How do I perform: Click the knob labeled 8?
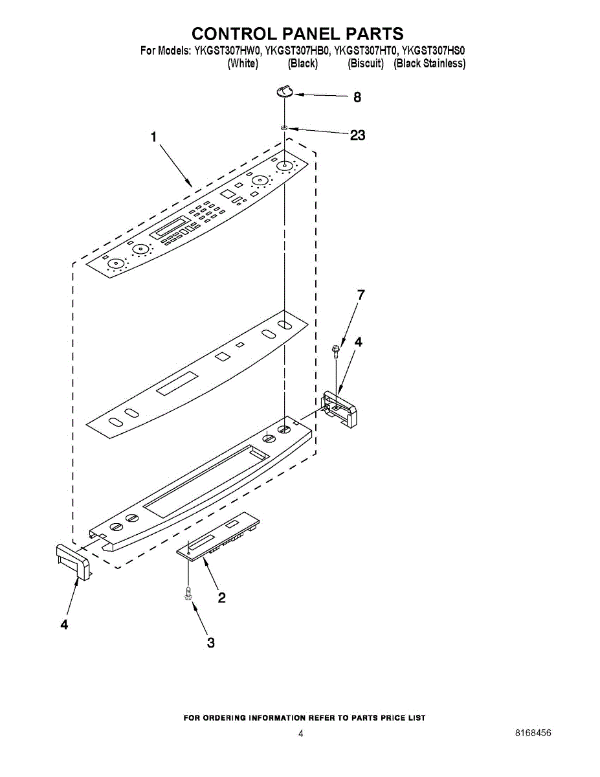click(x=284, y=91)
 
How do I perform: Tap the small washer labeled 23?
click(x=284, y=128)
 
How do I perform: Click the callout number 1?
click(x=154, y=137)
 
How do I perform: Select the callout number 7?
click(x=361, y=295)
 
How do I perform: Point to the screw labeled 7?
click(x=336, y=350)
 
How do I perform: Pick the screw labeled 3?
click(x=188, y=592)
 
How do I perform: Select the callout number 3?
click(x=210, y=642)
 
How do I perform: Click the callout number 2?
click(x=221, y=598)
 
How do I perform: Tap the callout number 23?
click(x=357, y=135)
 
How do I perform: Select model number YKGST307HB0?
click(x=298, y=50)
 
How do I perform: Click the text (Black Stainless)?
click(x=430, y=63)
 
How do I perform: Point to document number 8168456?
click(x=533, y=734)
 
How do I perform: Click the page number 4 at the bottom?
click(x=300, y=734)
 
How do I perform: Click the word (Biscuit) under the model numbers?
click(x=366, y=63)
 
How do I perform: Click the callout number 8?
click(x=357, y=98)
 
